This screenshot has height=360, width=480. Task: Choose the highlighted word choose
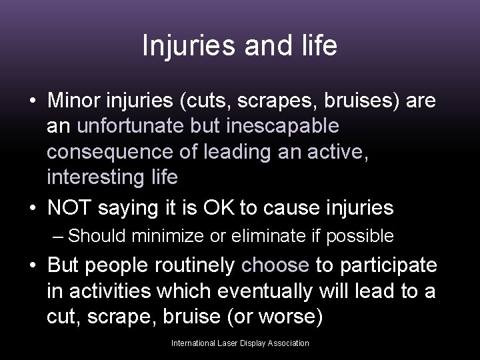click(275, 265)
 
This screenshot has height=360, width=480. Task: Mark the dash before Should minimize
click(59, 235)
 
